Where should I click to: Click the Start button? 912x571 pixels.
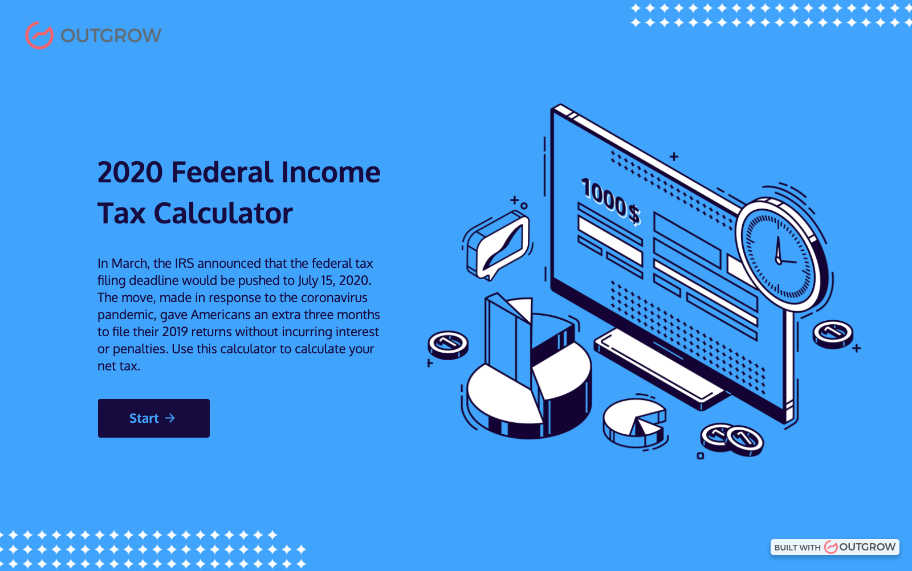(153, 418)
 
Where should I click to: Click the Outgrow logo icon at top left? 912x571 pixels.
(39, 35)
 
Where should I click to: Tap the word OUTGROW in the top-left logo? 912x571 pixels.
(111, 36)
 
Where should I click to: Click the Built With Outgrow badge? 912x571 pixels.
(834, 547)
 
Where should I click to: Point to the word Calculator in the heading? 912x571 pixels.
(223, 214)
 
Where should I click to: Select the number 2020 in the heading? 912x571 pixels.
(130, 173)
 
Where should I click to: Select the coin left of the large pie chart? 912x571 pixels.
(448, 344)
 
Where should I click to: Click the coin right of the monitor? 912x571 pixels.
(833, 333)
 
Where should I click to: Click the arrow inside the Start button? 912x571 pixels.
(170, 418)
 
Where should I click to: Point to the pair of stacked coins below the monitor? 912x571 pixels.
(732, 439)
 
